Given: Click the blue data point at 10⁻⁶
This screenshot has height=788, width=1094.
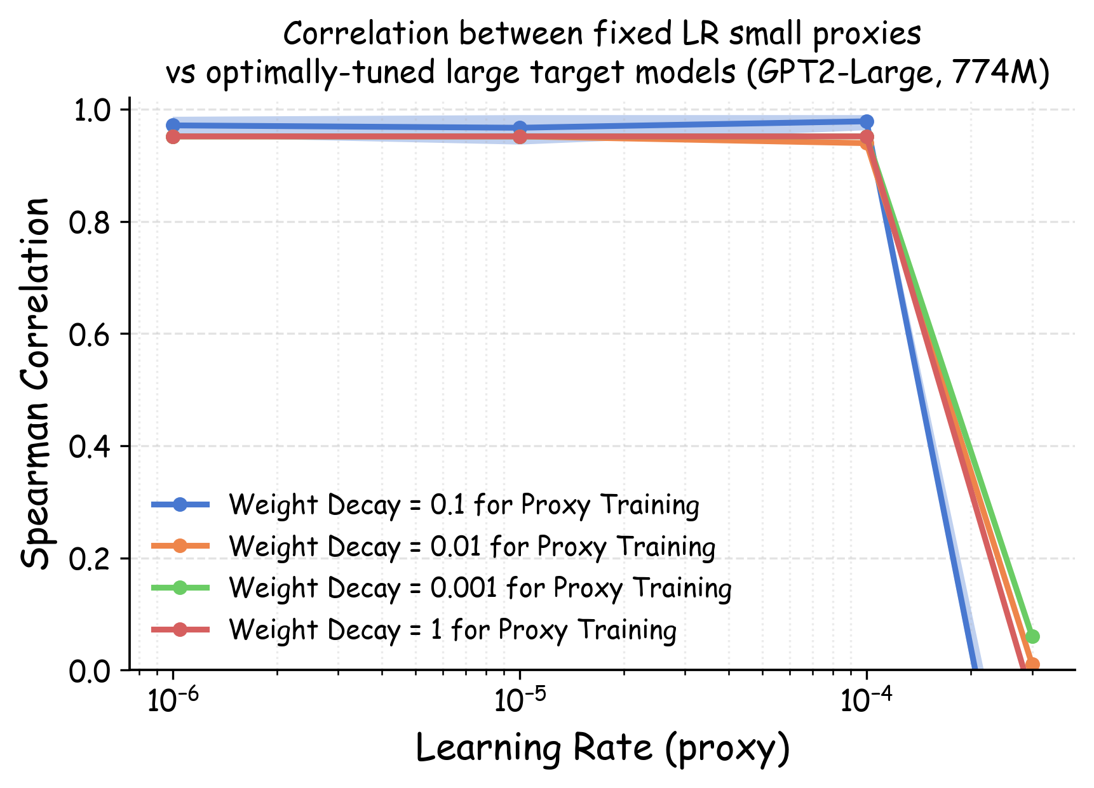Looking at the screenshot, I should tap(173, 125).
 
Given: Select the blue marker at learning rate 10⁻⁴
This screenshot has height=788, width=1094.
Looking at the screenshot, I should tap(867, 121).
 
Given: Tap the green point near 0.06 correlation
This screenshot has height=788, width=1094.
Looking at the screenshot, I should tap(1032, 636).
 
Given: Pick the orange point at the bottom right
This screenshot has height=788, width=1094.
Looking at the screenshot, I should tap(1032, 665).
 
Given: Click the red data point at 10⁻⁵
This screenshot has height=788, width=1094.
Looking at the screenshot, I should tap(520, 137).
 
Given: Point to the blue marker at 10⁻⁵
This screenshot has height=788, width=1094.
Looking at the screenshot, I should tap(520, 128).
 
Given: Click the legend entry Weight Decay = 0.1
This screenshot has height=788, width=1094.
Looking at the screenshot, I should tap(464, 505).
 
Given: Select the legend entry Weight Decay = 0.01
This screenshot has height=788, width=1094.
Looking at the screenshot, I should tap(472, 547).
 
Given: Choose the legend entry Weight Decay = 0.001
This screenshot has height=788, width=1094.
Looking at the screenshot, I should tap(480, 588).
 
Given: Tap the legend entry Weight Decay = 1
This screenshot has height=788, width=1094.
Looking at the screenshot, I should tap(452, 630).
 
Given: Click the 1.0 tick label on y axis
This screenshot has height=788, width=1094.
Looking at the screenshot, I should tap(93, 110).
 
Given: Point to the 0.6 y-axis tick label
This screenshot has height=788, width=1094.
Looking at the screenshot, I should tap(93, 335).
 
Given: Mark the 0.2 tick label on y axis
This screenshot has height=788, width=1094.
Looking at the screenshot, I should tap(93, 559).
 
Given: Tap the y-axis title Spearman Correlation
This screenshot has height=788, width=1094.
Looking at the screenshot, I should tap(35, 384).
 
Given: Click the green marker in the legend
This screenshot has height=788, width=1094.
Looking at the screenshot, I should tap(180, 588).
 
